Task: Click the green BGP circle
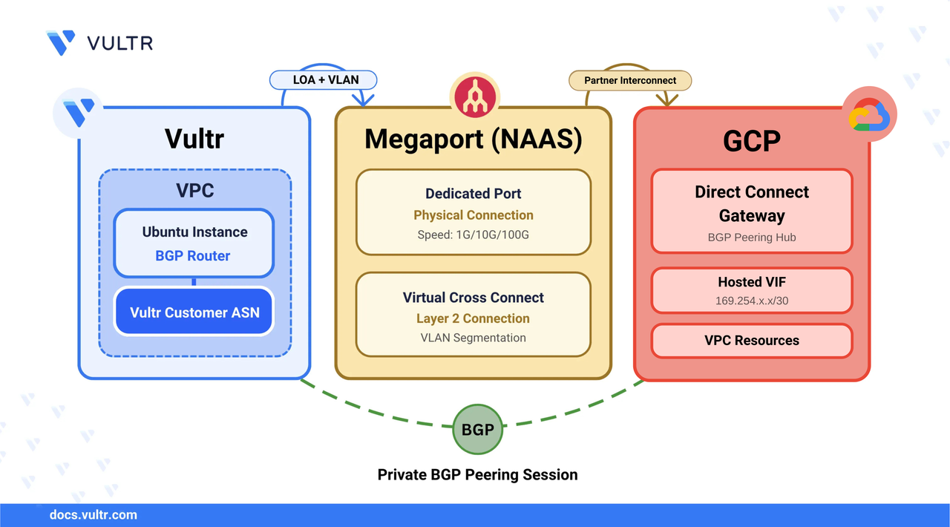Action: point(477,428)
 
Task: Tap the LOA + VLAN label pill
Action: point(324,79)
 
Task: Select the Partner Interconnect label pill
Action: point(630,80)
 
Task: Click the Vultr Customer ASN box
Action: point(194,312)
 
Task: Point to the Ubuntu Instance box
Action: point(194,243)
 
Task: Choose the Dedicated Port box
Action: point(474,212)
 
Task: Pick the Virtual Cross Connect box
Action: point(474,315)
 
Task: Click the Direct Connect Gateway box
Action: point(751,212)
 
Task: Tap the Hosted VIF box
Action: point(751,290)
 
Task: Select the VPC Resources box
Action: point(751,341)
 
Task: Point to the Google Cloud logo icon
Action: point(870,116)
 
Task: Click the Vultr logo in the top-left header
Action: point(99,43)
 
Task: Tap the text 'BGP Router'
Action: point(193,256)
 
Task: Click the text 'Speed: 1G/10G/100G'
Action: point(474,235)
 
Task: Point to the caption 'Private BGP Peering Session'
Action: point(477,475)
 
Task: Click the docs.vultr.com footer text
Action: point(93,514)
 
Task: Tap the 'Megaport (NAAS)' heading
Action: point(473,140)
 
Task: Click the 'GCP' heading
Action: point(751,141)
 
